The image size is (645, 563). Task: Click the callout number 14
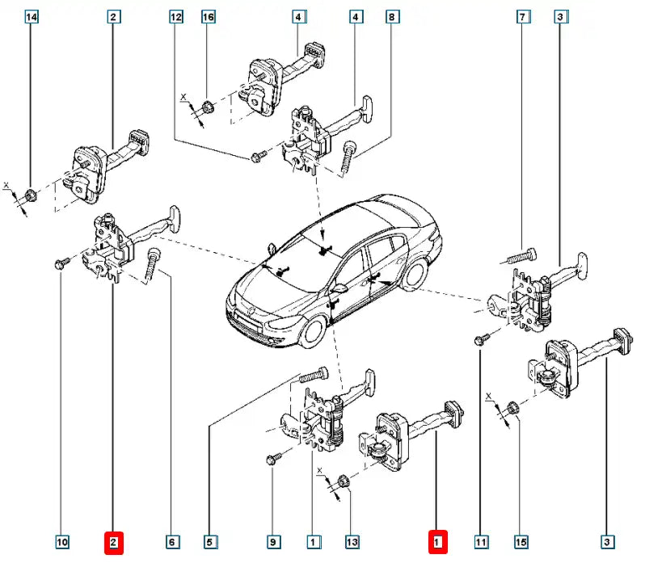tap(32, 16)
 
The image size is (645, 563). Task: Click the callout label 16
tap(209, 16)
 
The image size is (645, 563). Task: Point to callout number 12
tap(177, 16)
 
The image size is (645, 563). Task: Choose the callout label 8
tap(393, 16)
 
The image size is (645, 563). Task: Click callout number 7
tap(523, 16)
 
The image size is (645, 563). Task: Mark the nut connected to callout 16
tap(208, 104)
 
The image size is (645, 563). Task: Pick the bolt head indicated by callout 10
tap(61, 264)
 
